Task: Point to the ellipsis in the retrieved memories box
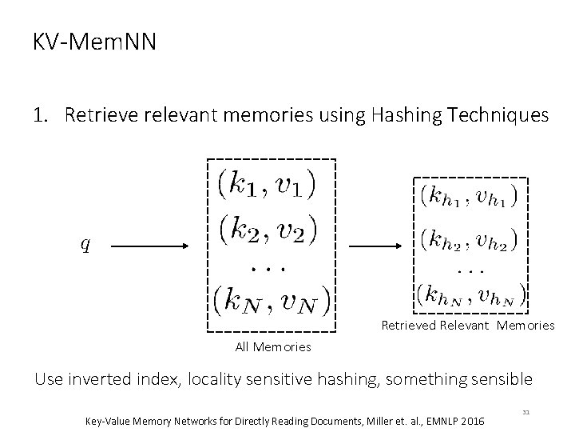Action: point(468,269)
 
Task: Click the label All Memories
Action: point(273,346)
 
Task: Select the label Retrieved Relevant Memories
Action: point(467,326)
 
